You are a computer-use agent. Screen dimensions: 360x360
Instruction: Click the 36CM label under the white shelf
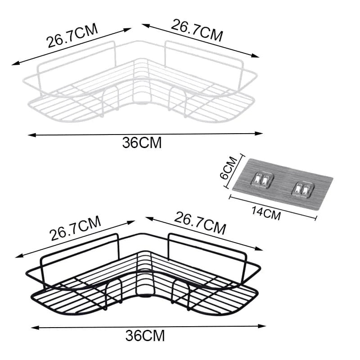[x=141, y=143]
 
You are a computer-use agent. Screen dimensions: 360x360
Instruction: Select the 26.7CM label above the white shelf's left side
[x=72, y=37]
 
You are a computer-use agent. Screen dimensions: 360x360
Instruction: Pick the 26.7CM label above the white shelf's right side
[x=197, y=30]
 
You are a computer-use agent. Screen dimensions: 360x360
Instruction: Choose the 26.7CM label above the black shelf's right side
[x=200, y=224]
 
